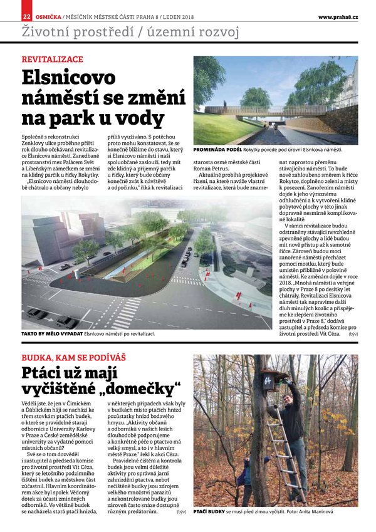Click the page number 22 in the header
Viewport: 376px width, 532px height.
pyautogui.click(x=27, y=16)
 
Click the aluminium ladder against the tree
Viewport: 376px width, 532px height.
pyautogui.click(x=283, y=457)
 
